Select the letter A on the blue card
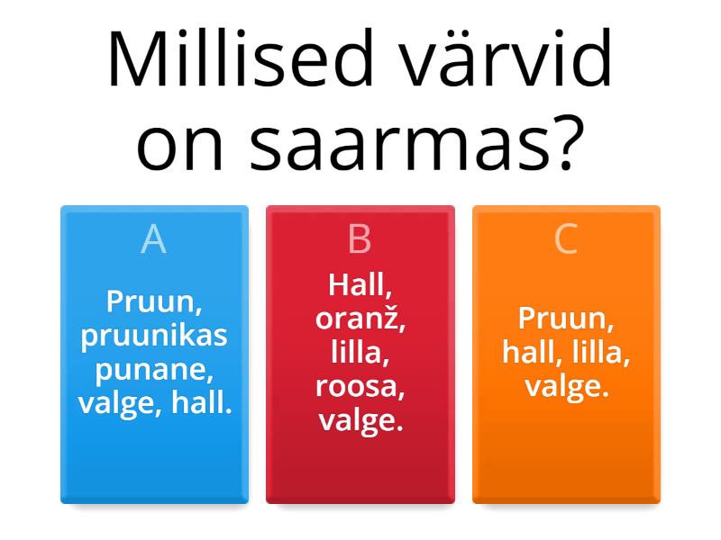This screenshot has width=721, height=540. (154, 239)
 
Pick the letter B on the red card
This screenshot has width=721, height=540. (360, 239)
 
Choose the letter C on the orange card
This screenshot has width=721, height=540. (566, 239)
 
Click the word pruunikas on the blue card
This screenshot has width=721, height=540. (154, 336)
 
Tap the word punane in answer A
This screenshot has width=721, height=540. (154, 370)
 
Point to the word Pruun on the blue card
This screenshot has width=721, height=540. (150, 301)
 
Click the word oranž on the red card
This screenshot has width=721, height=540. (360, 319)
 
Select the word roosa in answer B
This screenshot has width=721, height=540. (360, 387)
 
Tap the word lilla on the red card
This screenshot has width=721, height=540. (360, 353)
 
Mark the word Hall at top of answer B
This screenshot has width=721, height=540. (360, 285)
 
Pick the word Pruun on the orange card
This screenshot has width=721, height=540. (562, 319)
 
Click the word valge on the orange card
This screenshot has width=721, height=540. (566, 387)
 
